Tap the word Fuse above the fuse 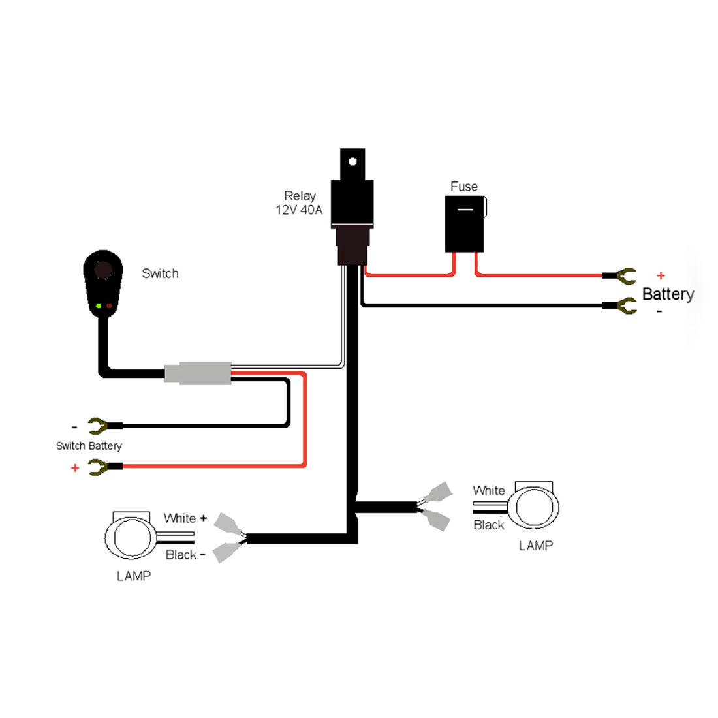point(464,187)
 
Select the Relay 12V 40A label point(300,203)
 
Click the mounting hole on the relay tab point(353,160)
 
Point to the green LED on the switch point(99,305)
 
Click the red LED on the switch point(109,305)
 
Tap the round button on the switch point(103,270)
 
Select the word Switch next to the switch point(160,273)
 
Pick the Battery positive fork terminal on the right point(625,276)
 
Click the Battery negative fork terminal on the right point(625,305)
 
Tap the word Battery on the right point(668,294)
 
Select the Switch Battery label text point(89,446)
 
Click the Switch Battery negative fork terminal point(99,426)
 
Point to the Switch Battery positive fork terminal point(99,467)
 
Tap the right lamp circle point(535,508)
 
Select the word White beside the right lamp point(489,490)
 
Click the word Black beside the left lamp point(181,555)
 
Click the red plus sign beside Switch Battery point(75,468)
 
